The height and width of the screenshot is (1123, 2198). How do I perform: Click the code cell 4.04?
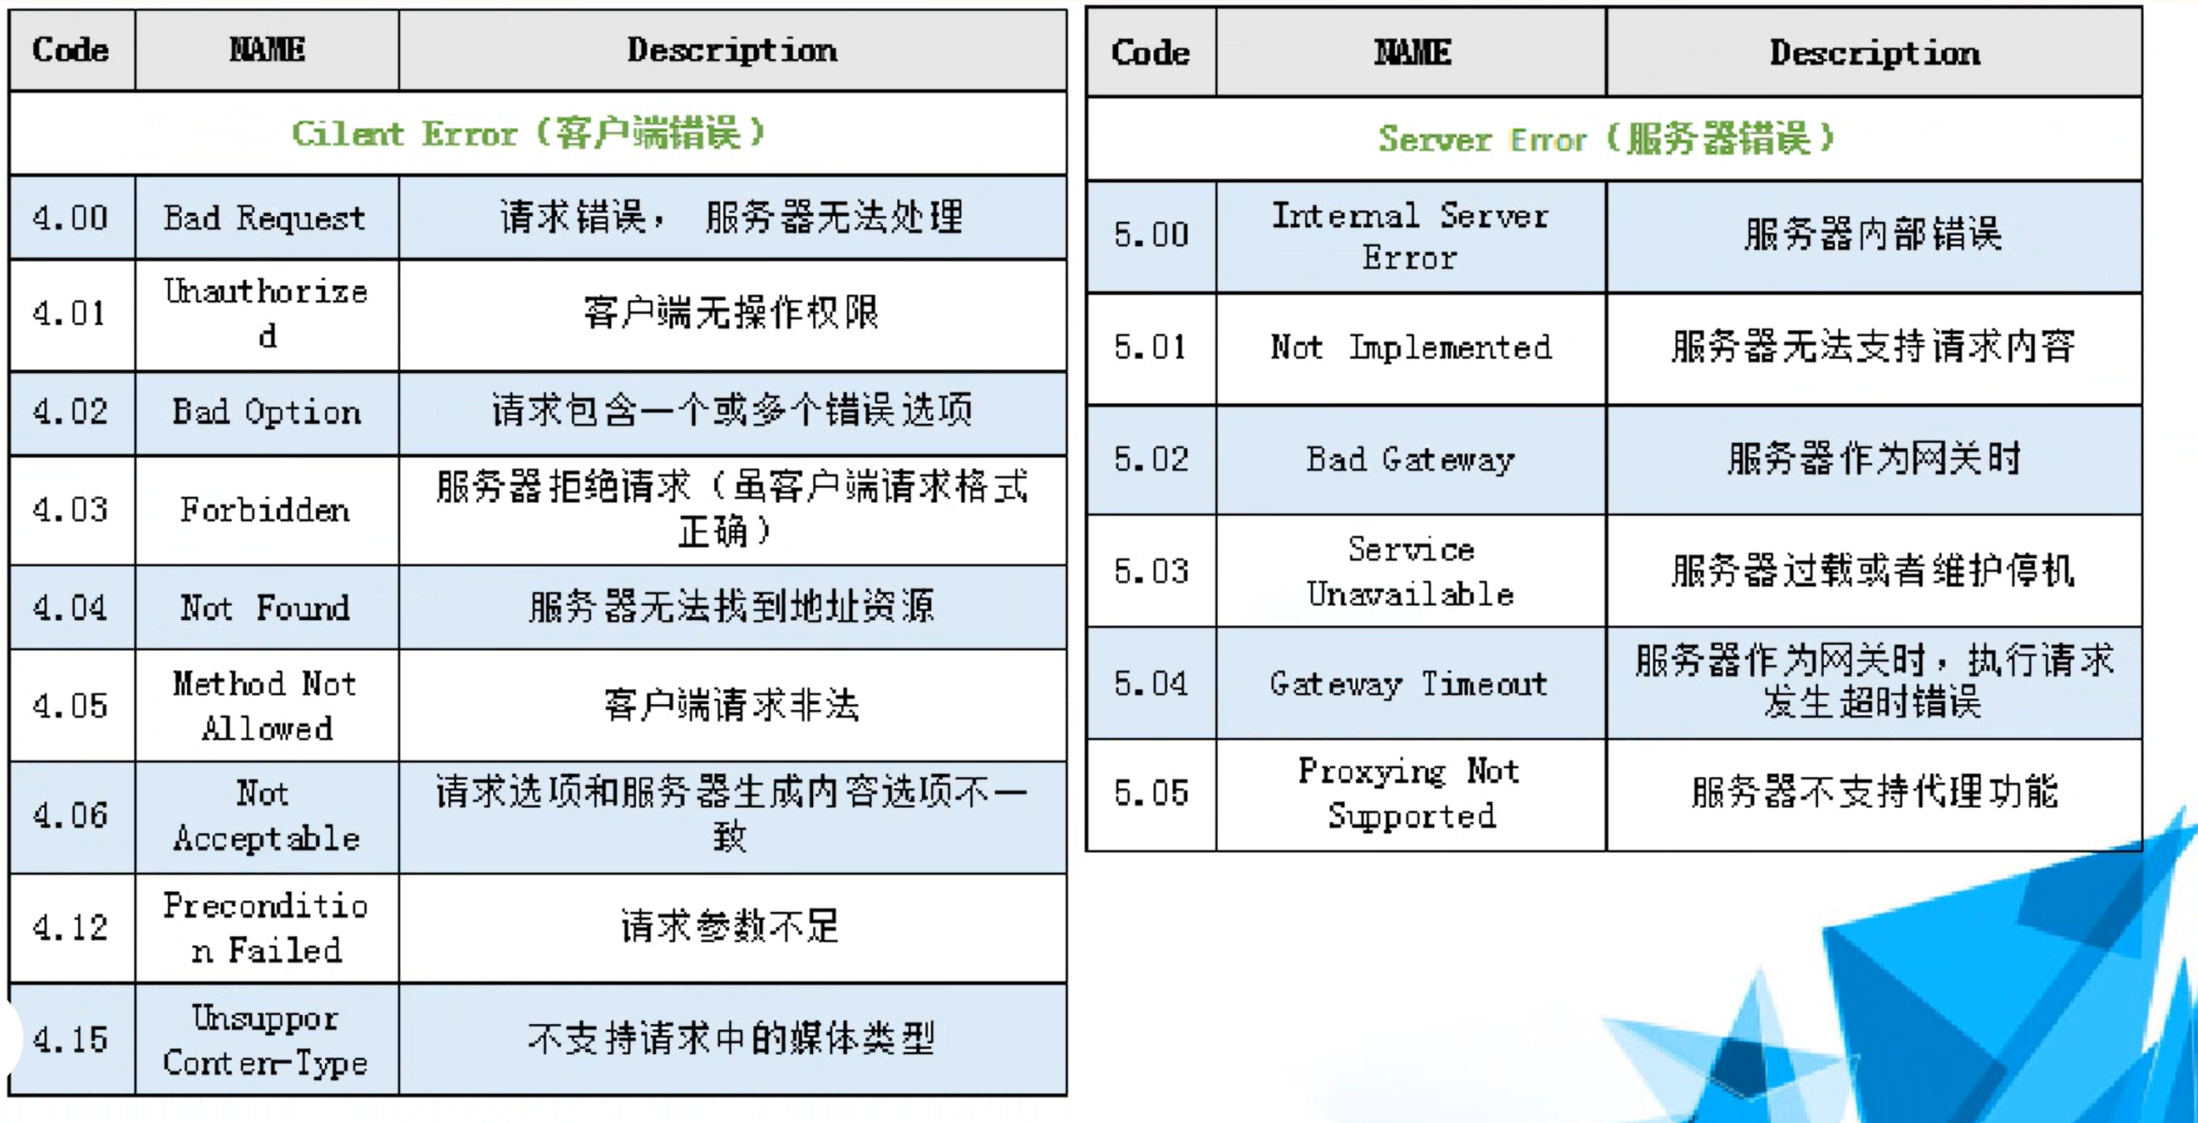pyautogui.click(x=71, y=608)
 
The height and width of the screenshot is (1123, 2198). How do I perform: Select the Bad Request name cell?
pyautogui.click(x=265, y=218)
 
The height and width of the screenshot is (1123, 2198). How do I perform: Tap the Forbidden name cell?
pyautogui.click(x=265, y=510)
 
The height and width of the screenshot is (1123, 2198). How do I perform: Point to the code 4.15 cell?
pyautogui.click(x=71, y=1039)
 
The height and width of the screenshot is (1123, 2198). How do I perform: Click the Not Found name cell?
pyautogui.click(x=265, y=608)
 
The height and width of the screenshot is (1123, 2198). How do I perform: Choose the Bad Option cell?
pyautogui.click(x=265, y=412)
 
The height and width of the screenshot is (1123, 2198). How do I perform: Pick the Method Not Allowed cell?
pyautogui.click(x=265, y=706)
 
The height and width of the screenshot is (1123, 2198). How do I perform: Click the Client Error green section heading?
pyautogui.click(x=529, y=133)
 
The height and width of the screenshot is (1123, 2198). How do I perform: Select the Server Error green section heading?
pyautogui.click(x=1606, y=138)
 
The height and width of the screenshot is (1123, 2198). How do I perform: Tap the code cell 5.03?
pyautogui.click(x=1151, y=571)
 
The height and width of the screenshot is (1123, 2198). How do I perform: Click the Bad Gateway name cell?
pyautogui.click(x=1411, y=460)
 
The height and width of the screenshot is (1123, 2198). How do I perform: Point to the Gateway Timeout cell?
pyautogui.click(x=1411, y=683)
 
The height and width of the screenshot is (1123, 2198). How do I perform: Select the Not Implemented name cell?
pyautogui.click(x=1411, y=347)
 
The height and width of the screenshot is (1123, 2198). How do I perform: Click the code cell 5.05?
pyautogui.click(x=1151, y=794)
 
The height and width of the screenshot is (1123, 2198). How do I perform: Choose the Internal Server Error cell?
pyautogui.click(x=1411, y=235)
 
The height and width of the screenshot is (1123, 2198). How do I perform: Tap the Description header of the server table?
pyautogui.click(x=1874, y=53)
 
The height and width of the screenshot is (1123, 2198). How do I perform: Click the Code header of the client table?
pyautogui.click(x=71, y=50)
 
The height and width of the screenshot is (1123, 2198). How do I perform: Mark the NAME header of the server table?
pyautogui.click(x=1411, y=53)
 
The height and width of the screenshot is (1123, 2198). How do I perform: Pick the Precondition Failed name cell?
pyautogui.click(x=265, y=928)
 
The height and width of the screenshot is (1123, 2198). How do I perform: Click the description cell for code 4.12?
pyautogui.click(x=732, y=928)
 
